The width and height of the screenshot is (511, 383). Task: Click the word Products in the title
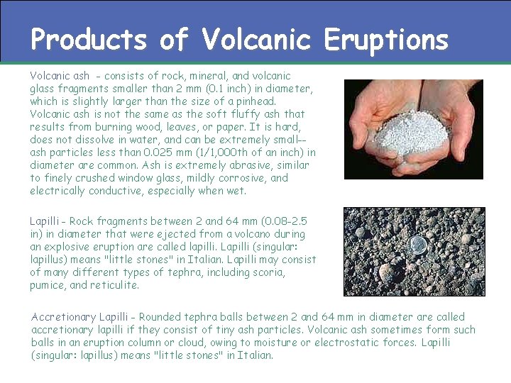tap(88, 40)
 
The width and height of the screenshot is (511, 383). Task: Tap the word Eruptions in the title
tap(386, 40)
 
